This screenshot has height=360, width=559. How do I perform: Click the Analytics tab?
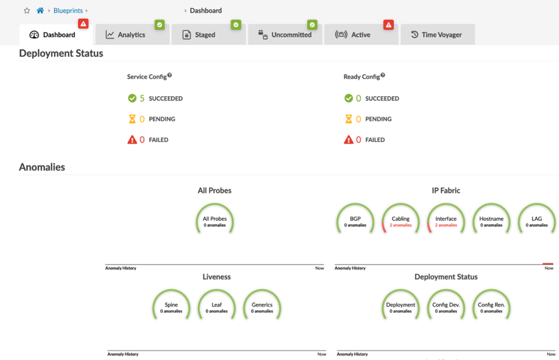click(126, 35)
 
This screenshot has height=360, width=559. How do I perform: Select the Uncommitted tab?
click(285, 35)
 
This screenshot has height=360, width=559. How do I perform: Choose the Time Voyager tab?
click(437, 35)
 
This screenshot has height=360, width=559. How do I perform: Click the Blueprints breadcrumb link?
click(68, 11)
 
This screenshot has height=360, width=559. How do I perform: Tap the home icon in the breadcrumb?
click(40, 11)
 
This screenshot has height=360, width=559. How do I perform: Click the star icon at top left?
click(27, 11)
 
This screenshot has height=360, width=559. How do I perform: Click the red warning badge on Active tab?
click(388, 25)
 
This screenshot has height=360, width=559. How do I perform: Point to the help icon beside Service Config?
click(170, 75)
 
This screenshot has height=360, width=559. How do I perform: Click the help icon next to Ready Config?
click(383, 75)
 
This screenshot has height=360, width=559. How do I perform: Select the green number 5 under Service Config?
click(142, 99)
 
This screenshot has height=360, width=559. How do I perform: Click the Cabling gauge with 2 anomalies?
click(400, 221)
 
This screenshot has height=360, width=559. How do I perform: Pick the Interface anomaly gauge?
click(446, 221)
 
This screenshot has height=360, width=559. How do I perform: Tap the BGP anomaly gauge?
click(355, 221)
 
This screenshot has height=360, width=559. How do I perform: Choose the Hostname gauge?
click(491, 221)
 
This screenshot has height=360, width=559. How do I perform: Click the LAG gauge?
click(536, 221)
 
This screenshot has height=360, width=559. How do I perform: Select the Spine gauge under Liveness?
click(171, 307)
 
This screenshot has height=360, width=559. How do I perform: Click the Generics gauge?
click(262, 307)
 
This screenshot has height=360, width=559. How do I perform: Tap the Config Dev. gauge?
click(446, 307)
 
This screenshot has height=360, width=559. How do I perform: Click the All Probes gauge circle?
click(215, 221)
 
